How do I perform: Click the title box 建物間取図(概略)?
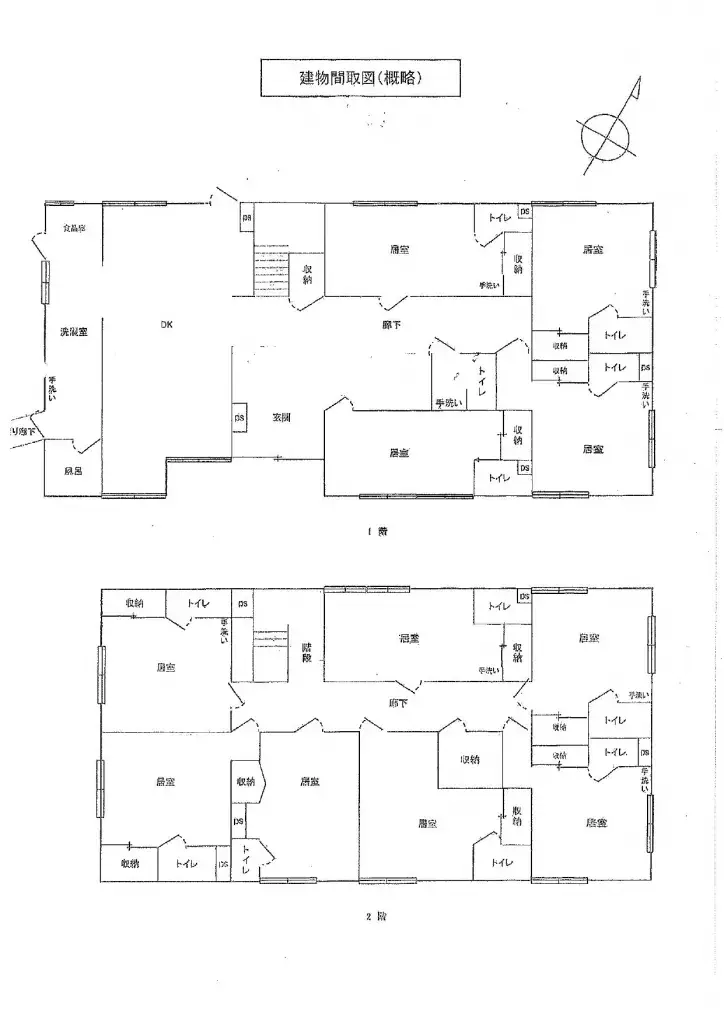coord(347,77)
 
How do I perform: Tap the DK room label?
coord(166,324)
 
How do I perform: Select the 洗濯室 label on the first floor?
coord(73,331)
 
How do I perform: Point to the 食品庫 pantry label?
coord(74,228)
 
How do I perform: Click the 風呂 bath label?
coord(73,471)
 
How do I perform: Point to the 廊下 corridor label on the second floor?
coord(397,704)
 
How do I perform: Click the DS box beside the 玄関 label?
coord(240,418)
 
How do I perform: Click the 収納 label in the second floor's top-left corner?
coord(133,603)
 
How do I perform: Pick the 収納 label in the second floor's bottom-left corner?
coord(129,863)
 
